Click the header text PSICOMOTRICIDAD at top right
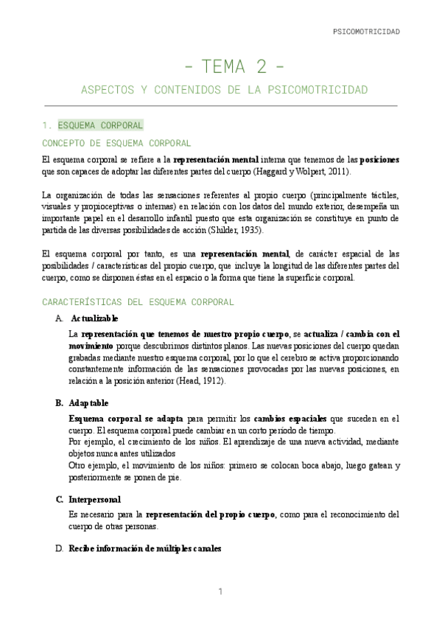(x=366, y=32)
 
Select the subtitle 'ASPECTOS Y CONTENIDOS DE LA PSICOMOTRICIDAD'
(x=223, y=90)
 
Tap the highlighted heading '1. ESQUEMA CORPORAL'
(x=94, y=125)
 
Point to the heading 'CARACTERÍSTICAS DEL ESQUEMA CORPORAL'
(x=138, y=301)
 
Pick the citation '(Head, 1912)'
(x=200, y=380)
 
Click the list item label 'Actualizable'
(x=94, y=318)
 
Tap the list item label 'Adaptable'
(x=88, y=403)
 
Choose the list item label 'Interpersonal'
(x=94, y=499)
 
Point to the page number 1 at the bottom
(x=220, y=592)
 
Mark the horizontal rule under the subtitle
(x=221, y=106)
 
